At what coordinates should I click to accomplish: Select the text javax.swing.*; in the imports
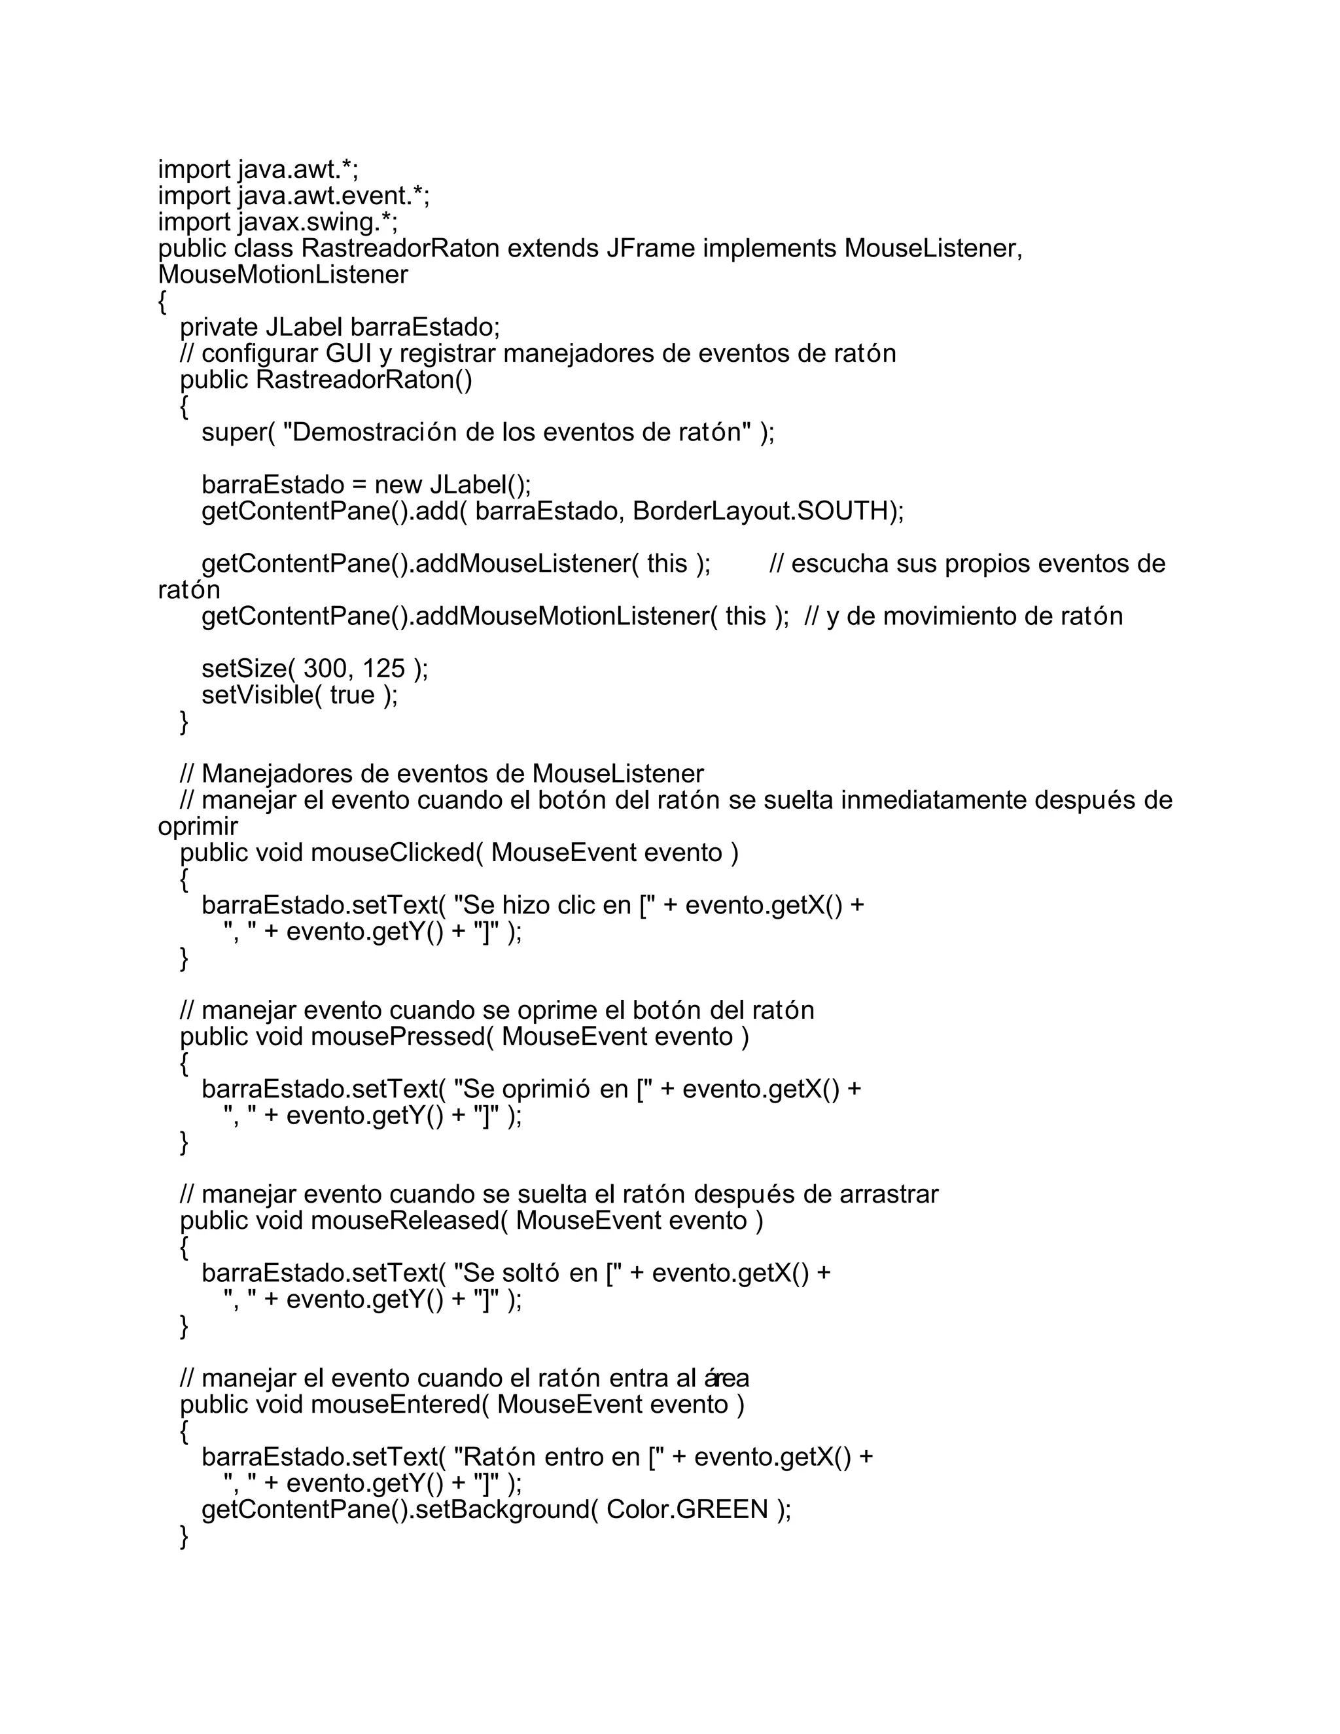point(317,222)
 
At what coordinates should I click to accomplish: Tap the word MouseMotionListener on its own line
point(283,275)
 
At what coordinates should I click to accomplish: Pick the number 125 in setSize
point(383,669)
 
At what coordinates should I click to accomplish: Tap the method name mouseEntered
point(399,1404)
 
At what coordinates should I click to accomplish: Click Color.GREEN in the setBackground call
point(686,1510)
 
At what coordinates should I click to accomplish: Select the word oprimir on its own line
point(198,826)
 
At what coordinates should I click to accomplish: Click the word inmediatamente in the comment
point(934,800)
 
